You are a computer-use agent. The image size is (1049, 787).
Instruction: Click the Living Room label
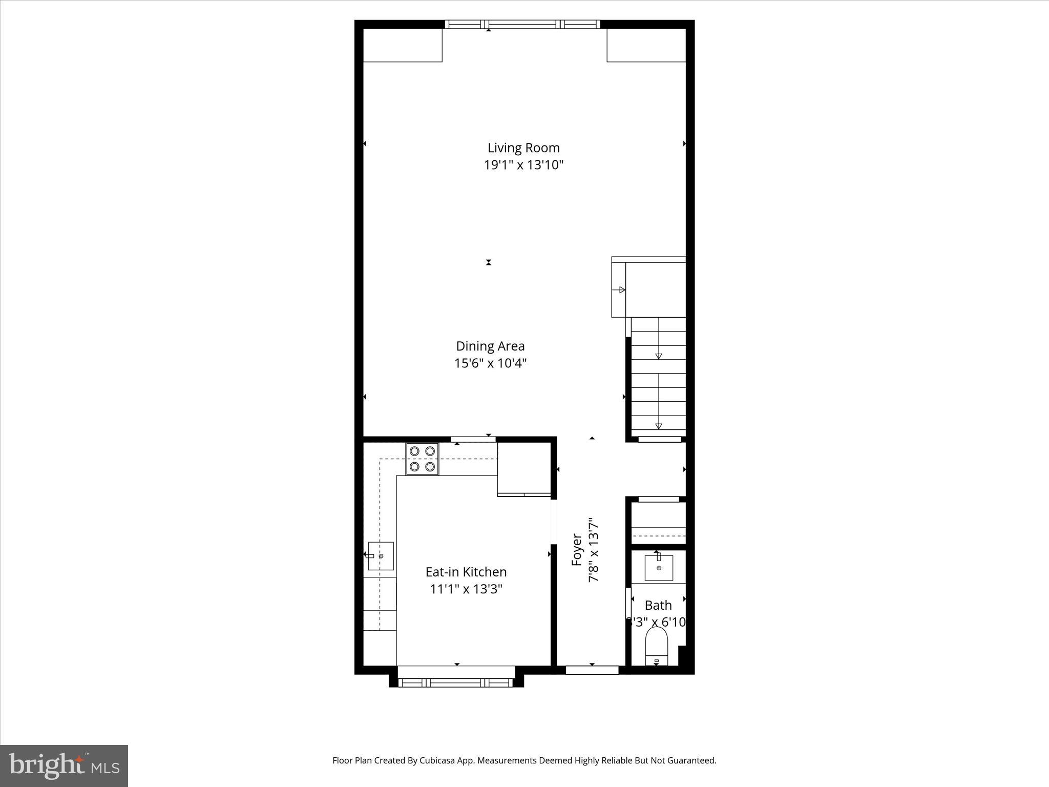pos(523,148)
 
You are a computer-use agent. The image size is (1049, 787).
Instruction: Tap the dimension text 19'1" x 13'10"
pos(523,165)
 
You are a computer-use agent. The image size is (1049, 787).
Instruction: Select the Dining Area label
pos(490,346)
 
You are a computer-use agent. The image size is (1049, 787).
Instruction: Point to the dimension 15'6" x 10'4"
pos(490,363)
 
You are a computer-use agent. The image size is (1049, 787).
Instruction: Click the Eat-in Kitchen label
pos(466,572)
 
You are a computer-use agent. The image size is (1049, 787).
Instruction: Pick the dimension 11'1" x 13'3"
pos(466,589)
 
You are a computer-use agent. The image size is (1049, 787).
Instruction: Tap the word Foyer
pos(577,550)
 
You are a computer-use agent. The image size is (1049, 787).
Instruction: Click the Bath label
pos(658,605)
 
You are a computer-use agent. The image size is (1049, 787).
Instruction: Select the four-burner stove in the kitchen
pos(422,459)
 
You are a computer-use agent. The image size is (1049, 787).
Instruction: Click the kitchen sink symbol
pos(381,556)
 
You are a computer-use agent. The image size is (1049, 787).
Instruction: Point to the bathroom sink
pos(658,568)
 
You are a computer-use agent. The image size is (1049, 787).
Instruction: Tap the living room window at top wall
pos(522,24)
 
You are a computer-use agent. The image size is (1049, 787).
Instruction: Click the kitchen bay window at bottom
pos(456,682)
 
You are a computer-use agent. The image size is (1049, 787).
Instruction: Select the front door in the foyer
pos(592,670)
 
